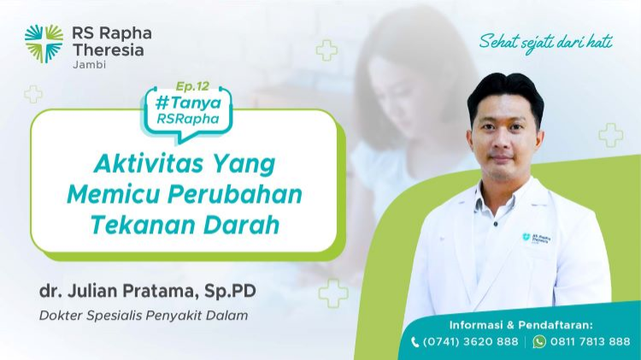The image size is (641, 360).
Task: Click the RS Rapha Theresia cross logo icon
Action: coord(44,44)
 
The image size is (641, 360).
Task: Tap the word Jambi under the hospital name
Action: coord(89,65)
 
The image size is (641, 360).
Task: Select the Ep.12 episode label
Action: coord(192,86)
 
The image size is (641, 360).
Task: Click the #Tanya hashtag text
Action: coord(189,103)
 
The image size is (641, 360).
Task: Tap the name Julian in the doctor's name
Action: coord(92,291)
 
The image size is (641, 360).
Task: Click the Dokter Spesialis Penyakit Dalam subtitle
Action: coord(144,316)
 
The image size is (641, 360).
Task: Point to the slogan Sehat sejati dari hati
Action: coord(546,43)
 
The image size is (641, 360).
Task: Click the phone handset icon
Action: coord(415,342)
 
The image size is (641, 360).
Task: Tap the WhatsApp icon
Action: coord(539,341)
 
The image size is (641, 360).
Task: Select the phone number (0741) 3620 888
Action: coord(471,341)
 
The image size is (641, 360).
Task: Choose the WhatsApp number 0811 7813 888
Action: coord(591,341)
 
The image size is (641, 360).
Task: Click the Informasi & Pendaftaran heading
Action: coord(520,325)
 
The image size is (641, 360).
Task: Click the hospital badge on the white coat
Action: coord(537,238)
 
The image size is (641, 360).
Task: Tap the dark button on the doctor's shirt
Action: coord(496,224)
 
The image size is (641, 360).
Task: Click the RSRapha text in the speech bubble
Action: coord(188,119)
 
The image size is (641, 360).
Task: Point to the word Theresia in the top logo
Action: coord(109,50)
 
